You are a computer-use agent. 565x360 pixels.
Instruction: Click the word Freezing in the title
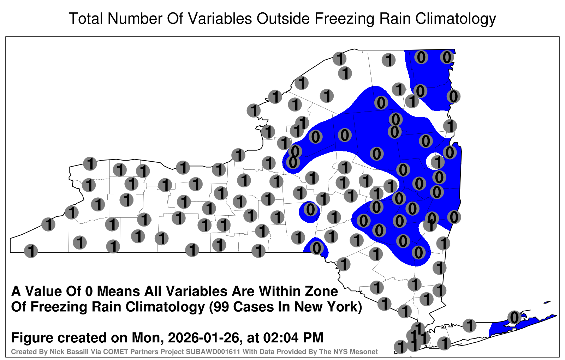[343, 19]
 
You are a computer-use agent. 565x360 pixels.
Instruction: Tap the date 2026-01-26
[203, 337]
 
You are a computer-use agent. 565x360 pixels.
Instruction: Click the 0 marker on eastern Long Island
[514, 317]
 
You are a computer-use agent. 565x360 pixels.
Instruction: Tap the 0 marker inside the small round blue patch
[310, 210]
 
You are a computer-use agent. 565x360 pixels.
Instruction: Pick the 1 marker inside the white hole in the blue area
[438, 162]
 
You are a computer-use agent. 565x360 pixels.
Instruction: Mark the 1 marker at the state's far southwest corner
[31, 251]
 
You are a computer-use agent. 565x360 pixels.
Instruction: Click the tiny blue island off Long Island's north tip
[547, 302]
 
